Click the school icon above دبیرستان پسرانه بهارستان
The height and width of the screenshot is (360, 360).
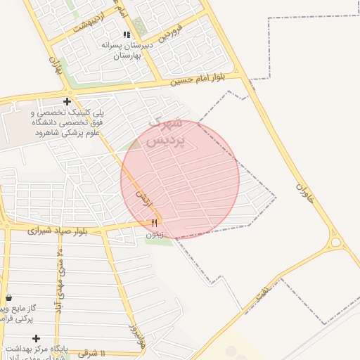pos(127,34)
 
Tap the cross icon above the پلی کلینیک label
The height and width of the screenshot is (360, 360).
pos(67,101)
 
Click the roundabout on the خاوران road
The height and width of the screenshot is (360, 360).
pos(337,243)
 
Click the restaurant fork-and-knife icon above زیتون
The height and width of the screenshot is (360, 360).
pos(155,222)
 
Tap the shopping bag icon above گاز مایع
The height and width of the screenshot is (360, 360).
pos(8,297)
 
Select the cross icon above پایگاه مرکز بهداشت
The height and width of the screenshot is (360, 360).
pos(36,338)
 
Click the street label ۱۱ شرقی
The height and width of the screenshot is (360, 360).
pos(92,353)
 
